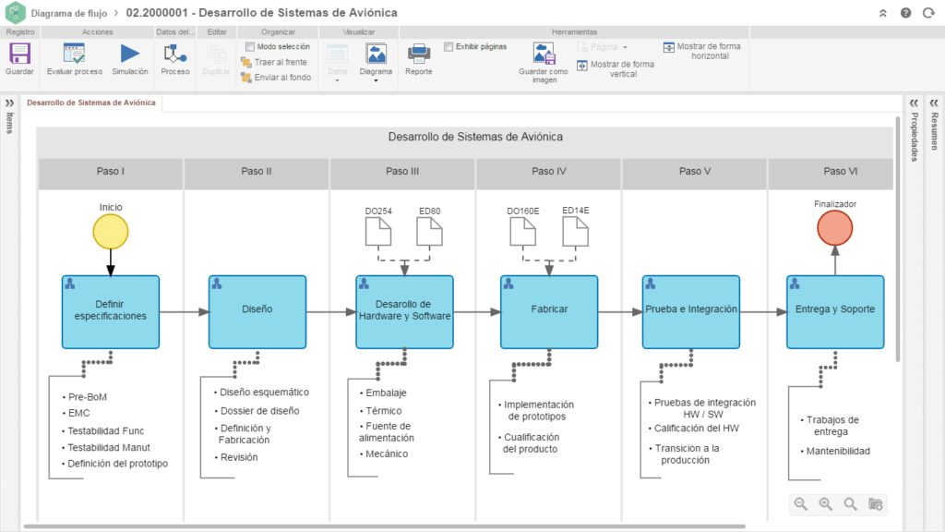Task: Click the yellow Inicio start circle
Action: [x=111, y=232]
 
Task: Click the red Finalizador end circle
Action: [x=834, y=228]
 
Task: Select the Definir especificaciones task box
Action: [x=111, y=312]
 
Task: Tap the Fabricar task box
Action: [x=549, y=312]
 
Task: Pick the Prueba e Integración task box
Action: [x=691, y=312]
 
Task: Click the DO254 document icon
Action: [x=378, y=232]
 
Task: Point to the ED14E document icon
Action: [x=576, y=232]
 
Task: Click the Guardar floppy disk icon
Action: [x=19, y=54]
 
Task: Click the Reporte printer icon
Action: [x=419, y=54]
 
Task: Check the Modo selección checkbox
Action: [x=250, y=46]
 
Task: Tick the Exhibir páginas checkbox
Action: [x=449, y=46]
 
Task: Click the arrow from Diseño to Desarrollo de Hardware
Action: [x=331, y=312]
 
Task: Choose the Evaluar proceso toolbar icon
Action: [x=74, y=54]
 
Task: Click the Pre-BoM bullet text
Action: [x=88, y=397]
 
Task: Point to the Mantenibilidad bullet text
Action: [x=838, y=451]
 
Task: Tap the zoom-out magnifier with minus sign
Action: [x=800, y=503]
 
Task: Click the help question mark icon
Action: [x=906, y=13]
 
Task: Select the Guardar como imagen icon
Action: [x=544, y=54]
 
